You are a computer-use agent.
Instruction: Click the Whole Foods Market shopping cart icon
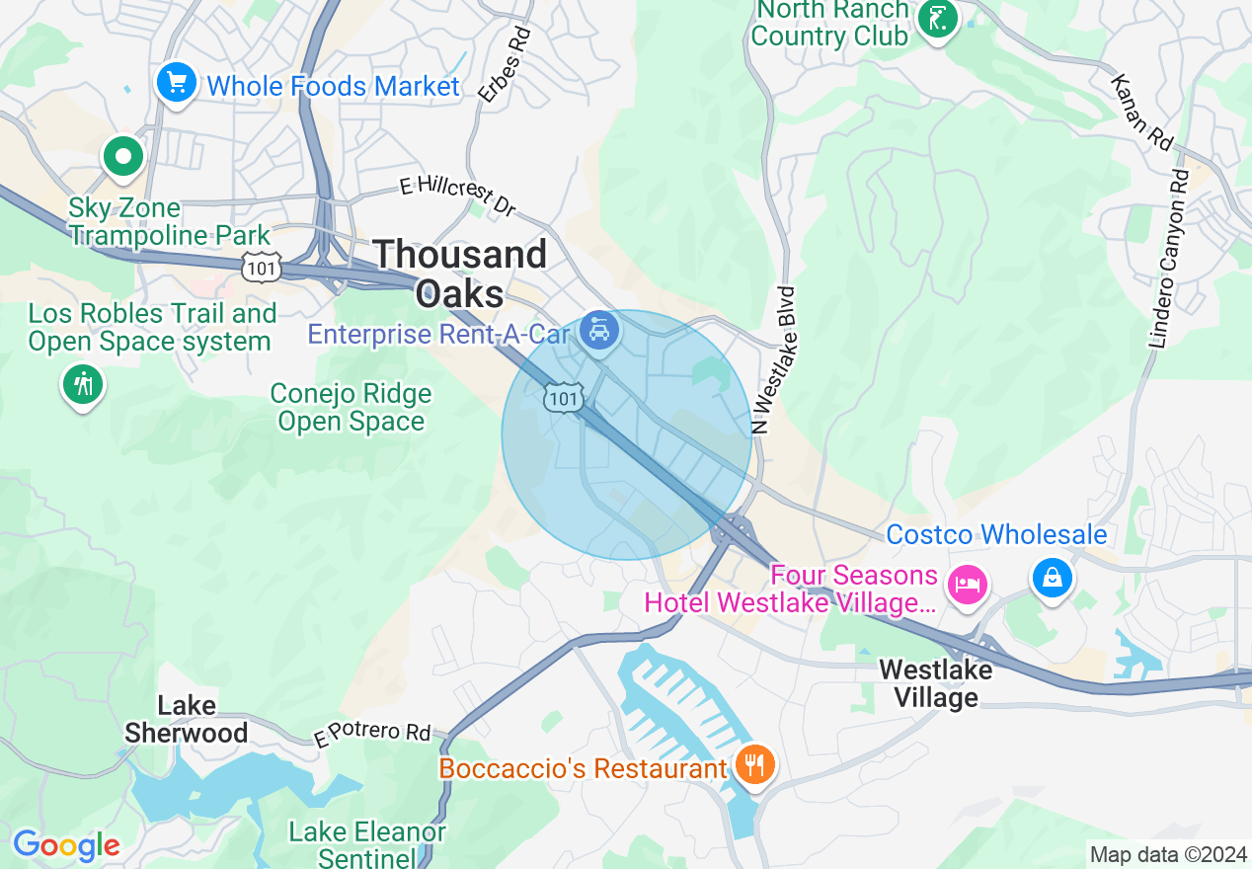[176, 82]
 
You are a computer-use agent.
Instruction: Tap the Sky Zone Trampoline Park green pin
[123, 156]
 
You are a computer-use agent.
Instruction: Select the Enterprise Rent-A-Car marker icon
[598, 329]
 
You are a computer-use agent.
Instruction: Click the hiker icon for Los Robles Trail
[83, 382]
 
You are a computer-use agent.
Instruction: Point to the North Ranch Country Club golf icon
[936, 18]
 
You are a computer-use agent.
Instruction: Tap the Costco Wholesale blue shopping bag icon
[1053, 578]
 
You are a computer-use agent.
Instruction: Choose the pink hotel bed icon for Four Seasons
[967, 584]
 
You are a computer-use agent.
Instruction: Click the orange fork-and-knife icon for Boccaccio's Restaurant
[754, 764]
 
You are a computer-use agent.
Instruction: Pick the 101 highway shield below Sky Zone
[262, 266]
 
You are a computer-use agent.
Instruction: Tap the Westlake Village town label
[935, 683]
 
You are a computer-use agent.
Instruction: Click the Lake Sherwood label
[187, 719]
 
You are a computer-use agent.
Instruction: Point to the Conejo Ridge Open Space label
[352, 408]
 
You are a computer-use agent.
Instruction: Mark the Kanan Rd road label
[1139, 113]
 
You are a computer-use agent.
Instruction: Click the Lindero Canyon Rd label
[1167, 259]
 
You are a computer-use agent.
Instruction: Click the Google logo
[66, 846]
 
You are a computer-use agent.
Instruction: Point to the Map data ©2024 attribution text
[1167, 854]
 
